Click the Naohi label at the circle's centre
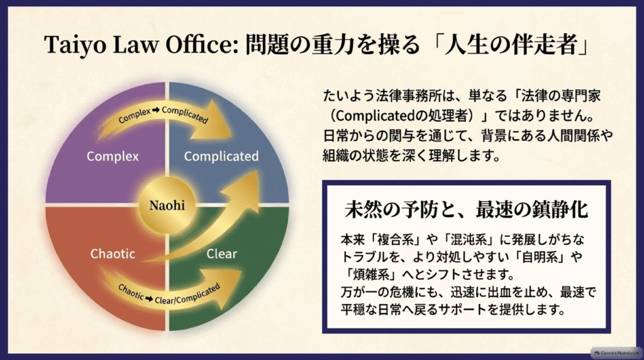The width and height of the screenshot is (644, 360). pyautogui.click(x=167, y=205)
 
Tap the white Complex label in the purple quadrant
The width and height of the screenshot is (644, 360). pyautogui.click(x=113, y=156)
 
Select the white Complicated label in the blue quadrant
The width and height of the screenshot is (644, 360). pyautogui.click(x=221, y=156)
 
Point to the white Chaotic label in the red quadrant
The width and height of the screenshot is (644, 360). pyautogui.click(x=113, y=254)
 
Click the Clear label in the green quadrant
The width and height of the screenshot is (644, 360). pyautogui.click(x=222, y=254)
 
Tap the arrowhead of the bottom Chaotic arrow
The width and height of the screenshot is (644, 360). pyautogui.click(x=228, y=288)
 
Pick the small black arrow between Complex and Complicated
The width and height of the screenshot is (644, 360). pyautogui.click(x=156, y=110)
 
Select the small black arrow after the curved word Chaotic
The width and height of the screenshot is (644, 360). pyautogui.click(x=149, y=299)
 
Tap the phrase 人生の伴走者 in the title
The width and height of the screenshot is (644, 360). pyautogui.click(x=511, y=45)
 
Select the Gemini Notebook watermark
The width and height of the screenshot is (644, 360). pyautogui.click(x=616, y=353)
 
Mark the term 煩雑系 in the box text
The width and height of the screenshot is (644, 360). pyautogui.click(x=371, y=274)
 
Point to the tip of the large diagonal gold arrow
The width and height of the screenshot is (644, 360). pyautogui.click(x=257, y=172)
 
